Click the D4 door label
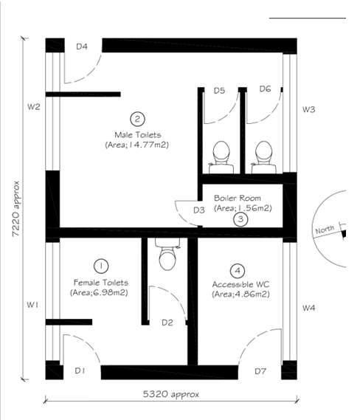(82, 47)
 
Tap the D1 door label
(80, 371)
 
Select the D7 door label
(260, 371)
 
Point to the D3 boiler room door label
(199, 210)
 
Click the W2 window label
(34, 107)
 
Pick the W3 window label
(308, 109)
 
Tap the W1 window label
(32, 305)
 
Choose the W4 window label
(308, 308)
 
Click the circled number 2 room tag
(137, 119)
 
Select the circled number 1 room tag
(101, 266)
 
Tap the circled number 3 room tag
(240, 219)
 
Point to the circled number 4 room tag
(238, 271)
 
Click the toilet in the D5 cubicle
(221, 157)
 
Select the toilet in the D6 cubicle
(263, 157)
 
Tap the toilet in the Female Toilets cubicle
(167, 254)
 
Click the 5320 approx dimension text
(171, 394)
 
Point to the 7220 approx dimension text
(16, 209)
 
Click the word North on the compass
(325, 230)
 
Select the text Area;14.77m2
(136, 145)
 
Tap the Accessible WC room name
(240, 284)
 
